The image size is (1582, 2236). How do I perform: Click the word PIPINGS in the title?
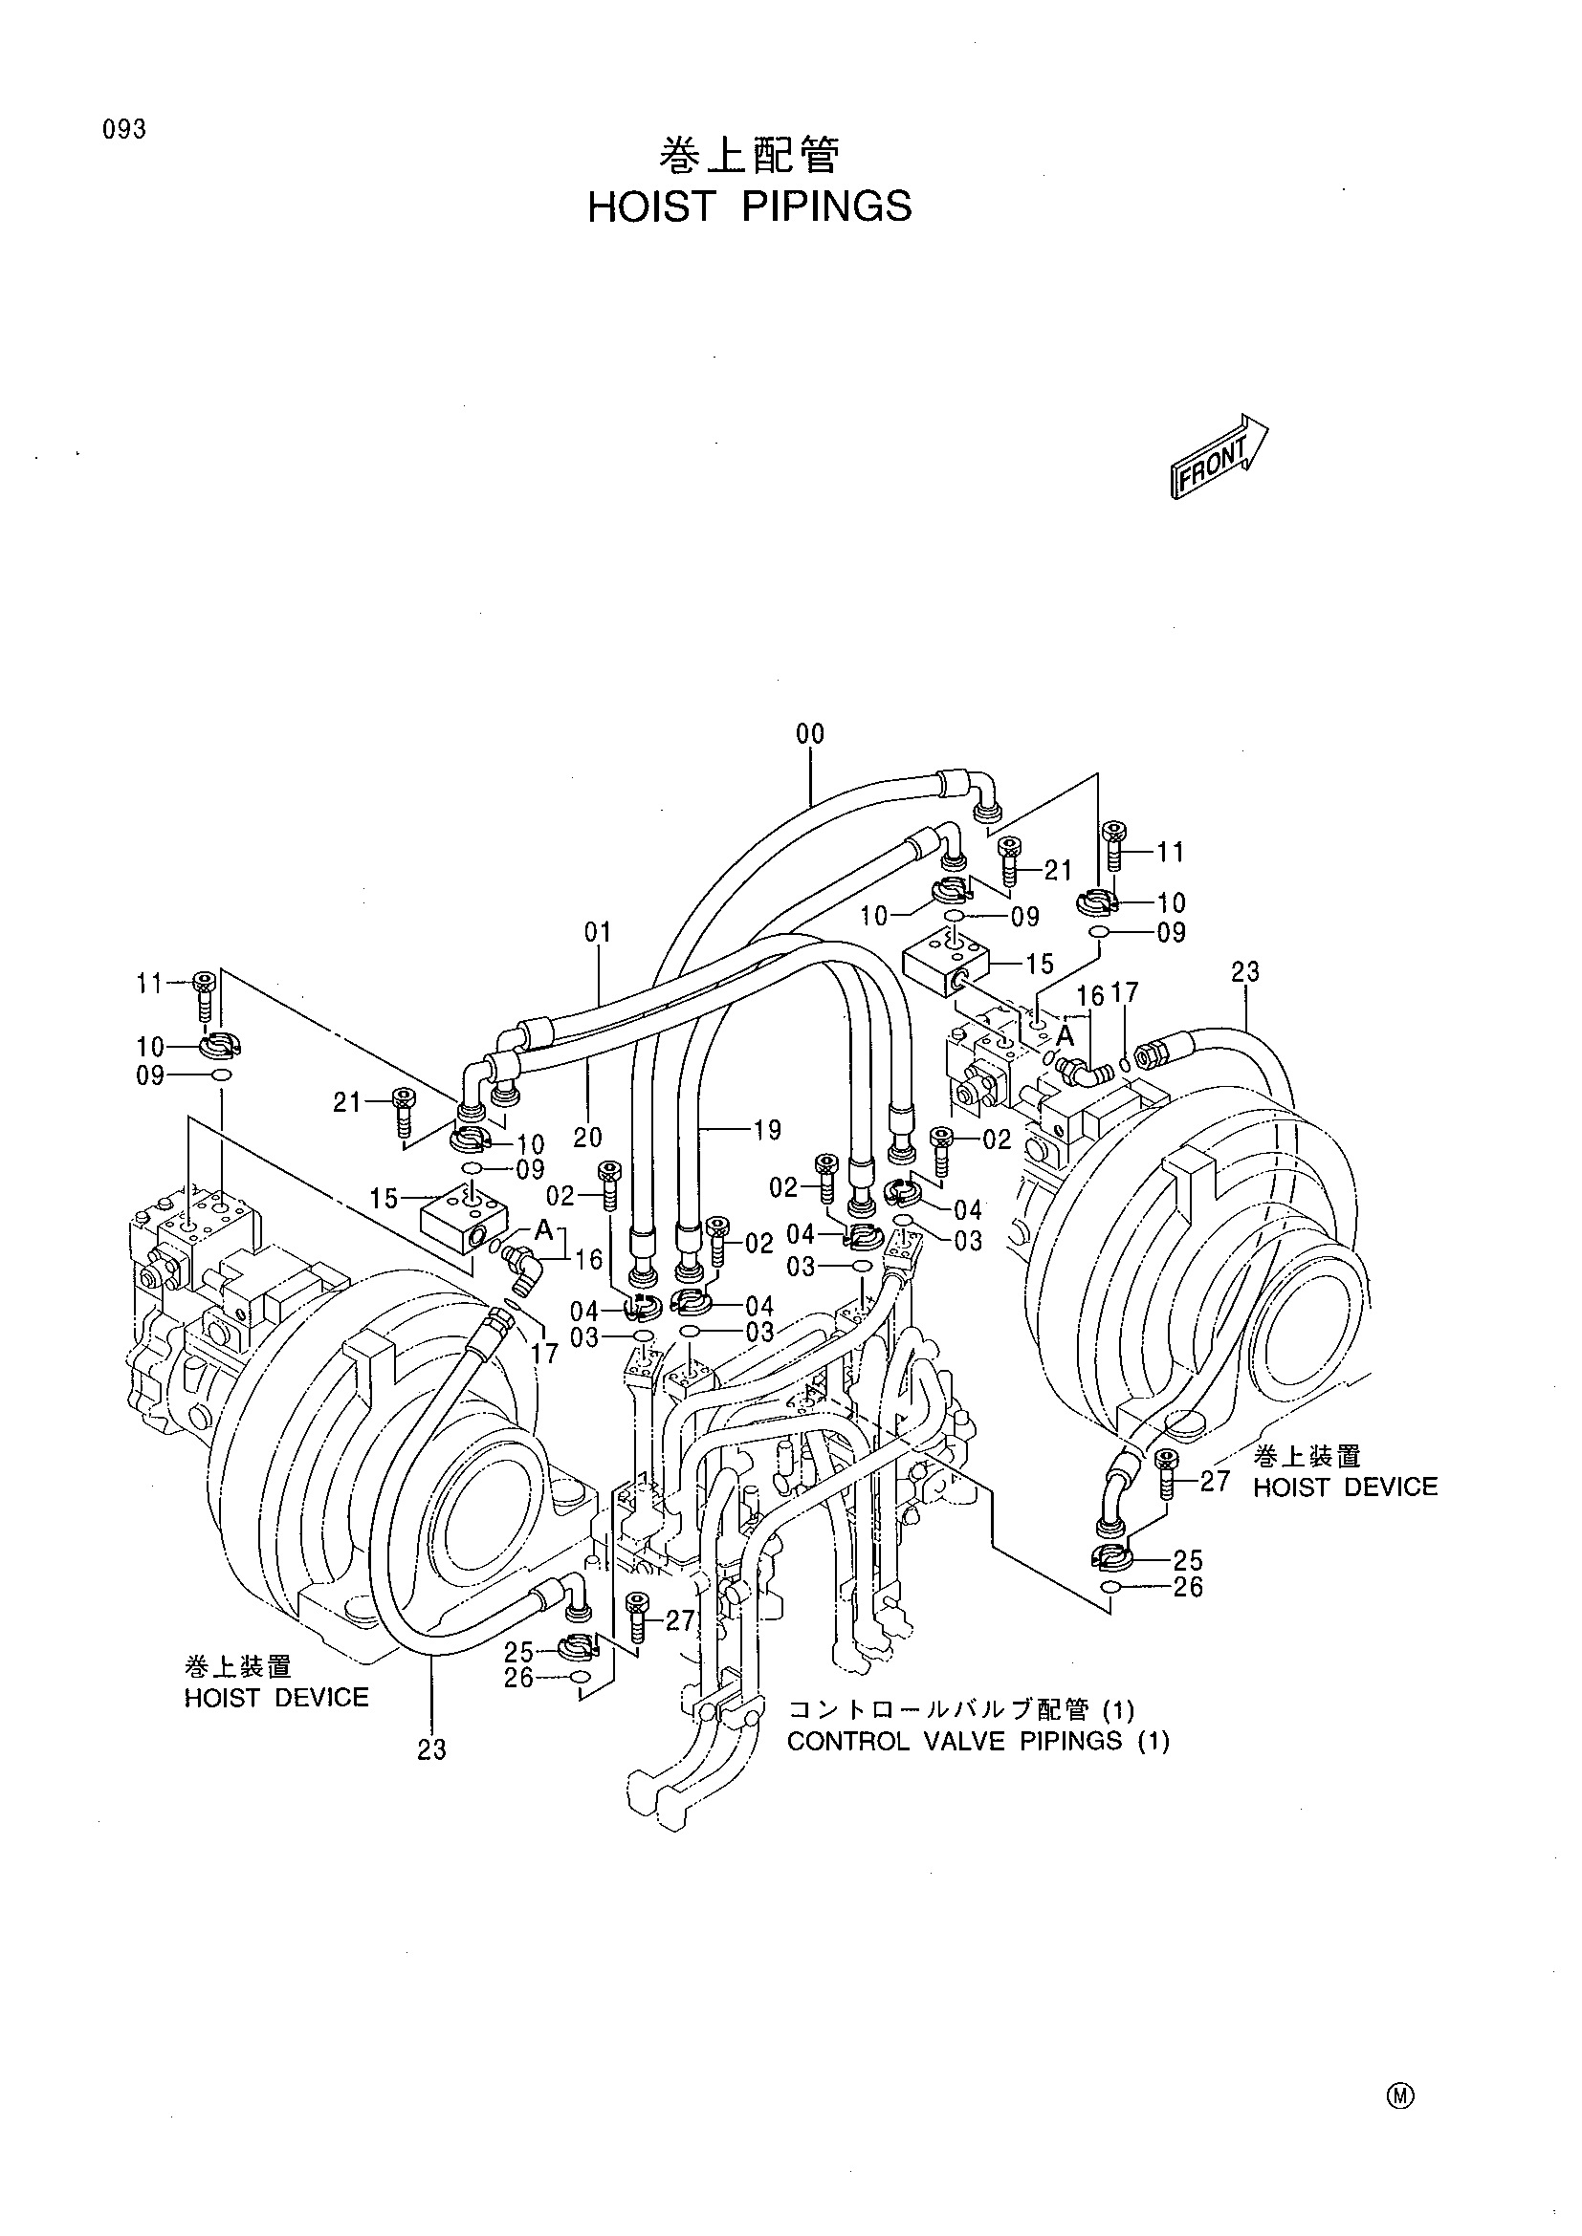point(827,206)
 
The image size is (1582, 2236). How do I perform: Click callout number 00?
point(809,735)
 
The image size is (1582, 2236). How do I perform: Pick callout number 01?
point(597,932)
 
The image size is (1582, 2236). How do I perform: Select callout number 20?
point(587,1137)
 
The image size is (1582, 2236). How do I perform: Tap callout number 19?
point(768,1130)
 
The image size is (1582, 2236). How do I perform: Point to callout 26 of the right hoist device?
point(1189,1588)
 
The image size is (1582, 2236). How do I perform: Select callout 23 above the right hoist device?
point(1245,972)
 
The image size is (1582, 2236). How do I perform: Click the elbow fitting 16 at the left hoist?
point(518,1268)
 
